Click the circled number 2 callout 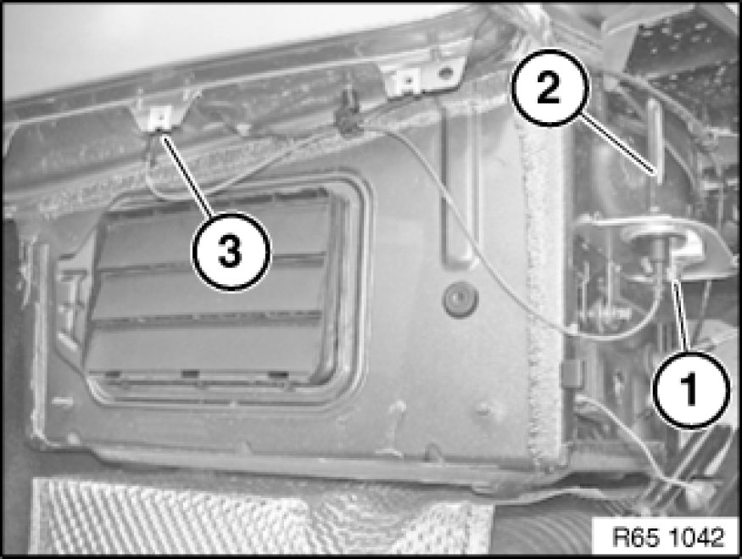pos(550,87)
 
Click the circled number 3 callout pos(231,251)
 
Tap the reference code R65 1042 pos(668,537)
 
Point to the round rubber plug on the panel pos(460,299)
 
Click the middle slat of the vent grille pos(209,291)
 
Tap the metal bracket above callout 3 pos(160,117)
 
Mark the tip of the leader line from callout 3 pos(162,134)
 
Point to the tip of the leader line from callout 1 pos(674,279)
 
